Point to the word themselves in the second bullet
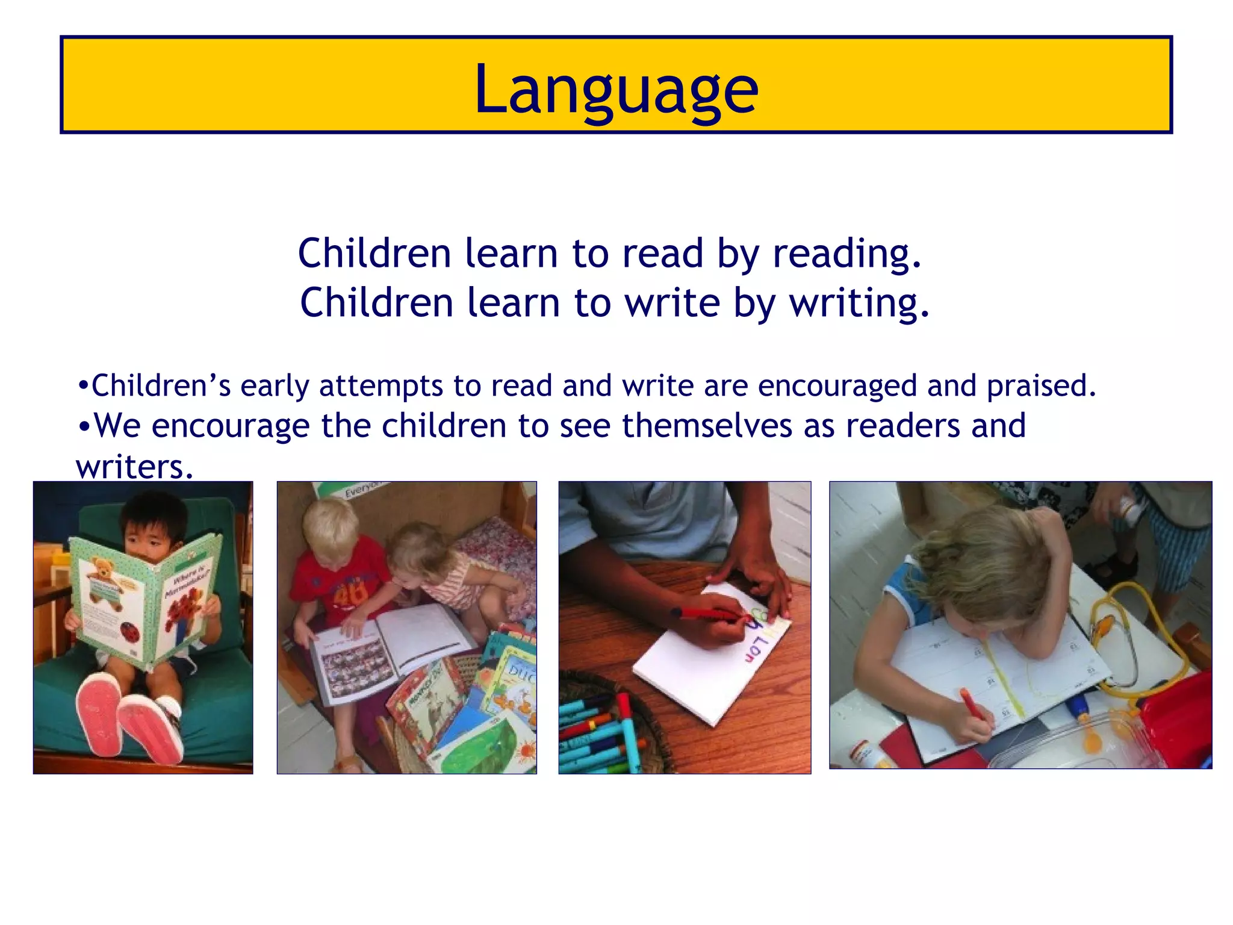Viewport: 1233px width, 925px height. (707, 426)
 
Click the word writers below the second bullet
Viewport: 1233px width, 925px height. (134, 467)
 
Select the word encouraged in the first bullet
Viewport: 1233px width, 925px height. (837, 387)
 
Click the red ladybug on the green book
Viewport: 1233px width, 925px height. (131, 632)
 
